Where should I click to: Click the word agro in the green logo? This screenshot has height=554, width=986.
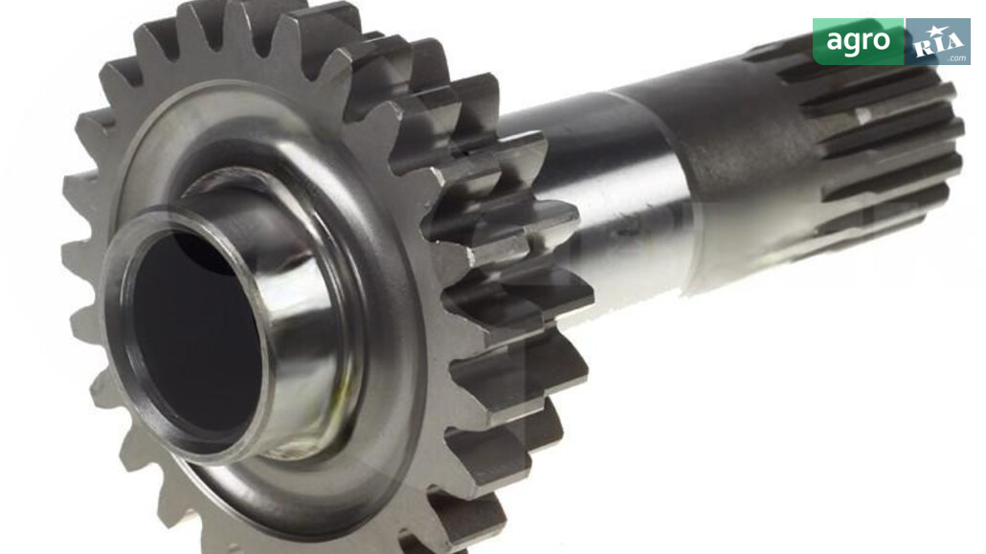point(858,41)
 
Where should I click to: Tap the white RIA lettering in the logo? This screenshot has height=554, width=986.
point(938,43)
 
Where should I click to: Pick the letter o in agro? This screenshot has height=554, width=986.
point(882,41)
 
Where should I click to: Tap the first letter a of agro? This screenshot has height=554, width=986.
point(834,41)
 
